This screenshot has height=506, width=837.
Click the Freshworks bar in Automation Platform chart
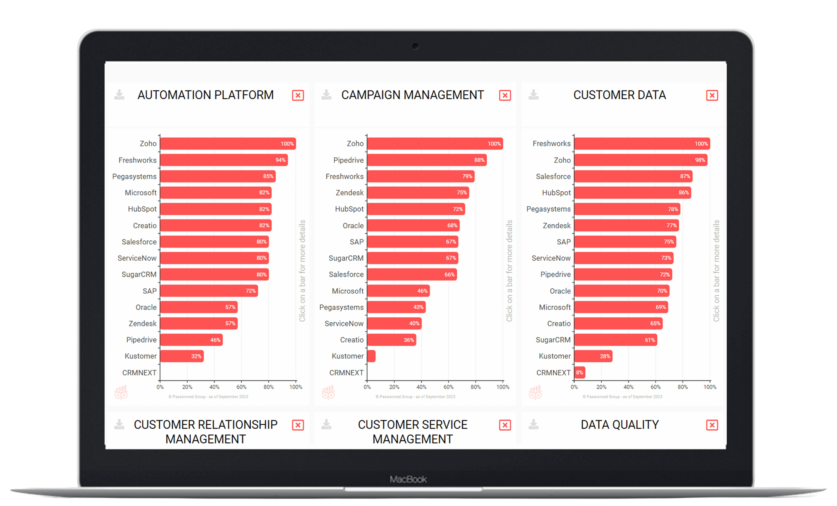pos(224,160)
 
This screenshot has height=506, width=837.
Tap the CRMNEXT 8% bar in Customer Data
pos(580,373)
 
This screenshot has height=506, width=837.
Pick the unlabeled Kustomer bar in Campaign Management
pos(371,356)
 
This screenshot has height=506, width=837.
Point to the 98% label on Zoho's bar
pos(700,160)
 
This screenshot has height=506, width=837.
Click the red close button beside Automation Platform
pos(298,95)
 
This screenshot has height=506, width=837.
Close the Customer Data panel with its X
pos(712,95)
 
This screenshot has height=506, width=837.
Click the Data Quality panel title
pos(620,425)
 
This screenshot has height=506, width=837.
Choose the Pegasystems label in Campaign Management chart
pos(341,307)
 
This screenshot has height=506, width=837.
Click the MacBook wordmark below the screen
pos(408,479)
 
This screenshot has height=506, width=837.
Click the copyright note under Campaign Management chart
pos(415,397)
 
